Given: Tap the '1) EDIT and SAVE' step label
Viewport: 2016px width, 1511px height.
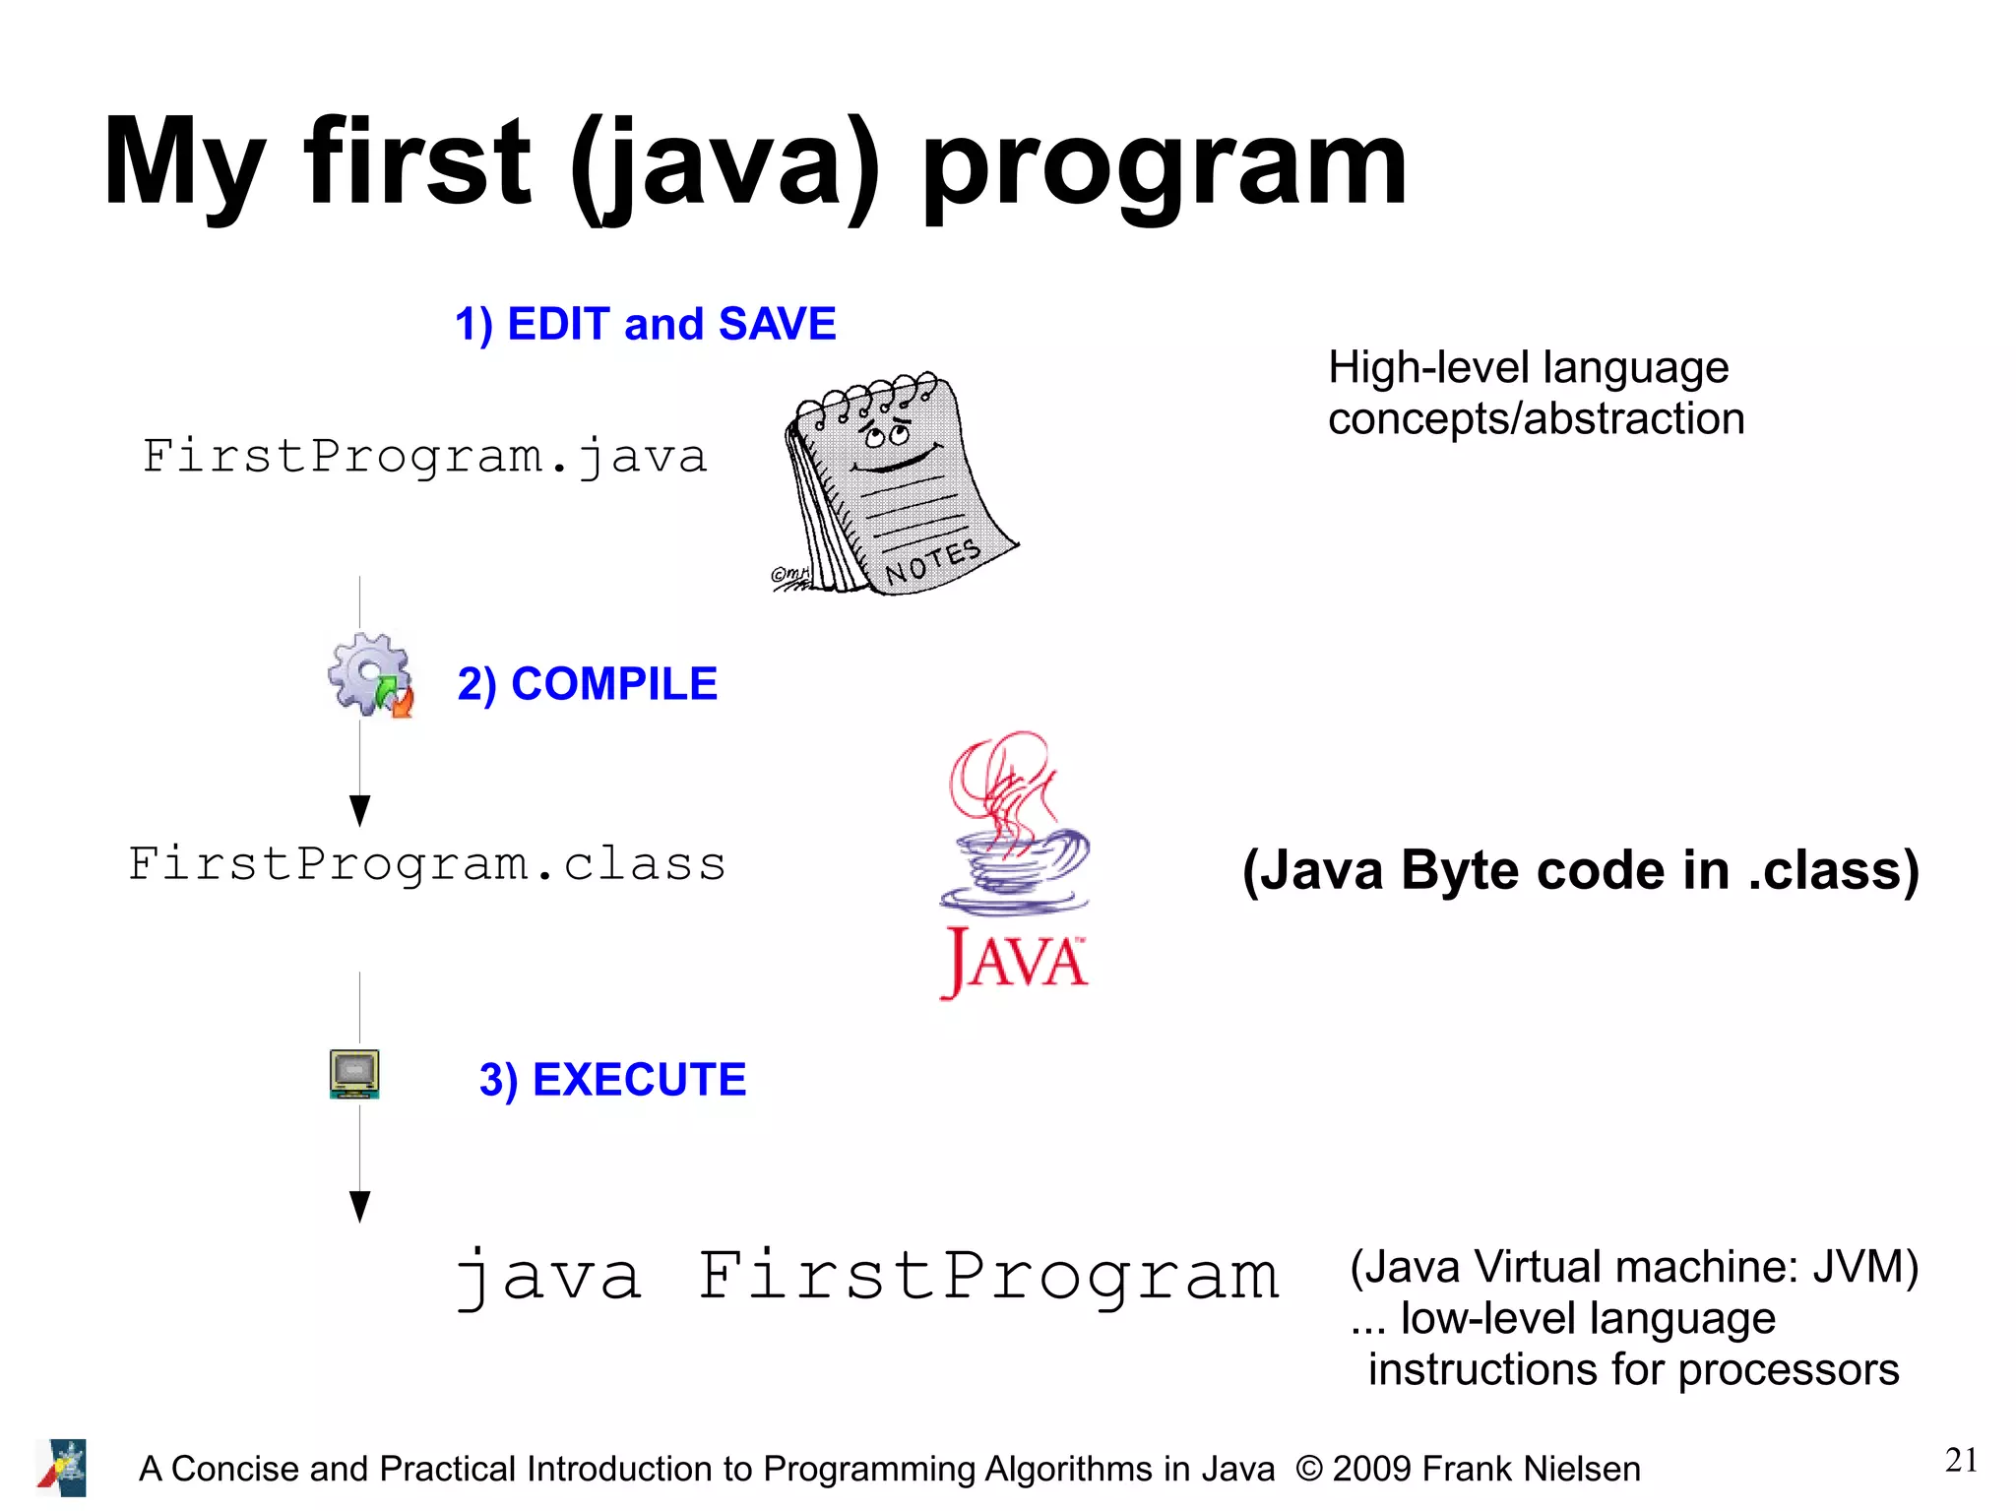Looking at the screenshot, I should click(x=645, y=324).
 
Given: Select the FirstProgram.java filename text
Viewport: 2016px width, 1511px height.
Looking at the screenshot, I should click(x=425, y=457).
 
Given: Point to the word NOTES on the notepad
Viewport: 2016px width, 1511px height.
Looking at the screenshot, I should click(x=932, y=563).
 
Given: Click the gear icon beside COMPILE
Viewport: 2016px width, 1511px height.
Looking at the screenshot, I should click(x=370, y=674).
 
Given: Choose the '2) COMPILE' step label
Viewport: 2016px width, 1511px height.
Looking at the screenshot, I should click(x=588, y=684).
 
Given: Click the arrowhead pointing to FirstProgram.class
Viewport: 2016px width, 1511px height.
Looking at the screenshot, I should click(x=360, y=810).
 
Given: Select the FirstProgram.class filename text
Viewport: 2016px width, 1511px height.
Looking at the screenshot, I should click(x=427, y=864).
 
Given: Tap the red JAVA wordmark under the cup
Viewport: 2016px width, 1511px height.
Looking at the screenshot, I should click(x=1015, y=960).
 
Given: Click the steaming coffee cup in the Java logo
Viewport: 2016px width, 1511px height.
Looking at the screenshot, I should click(x=1014, y=856).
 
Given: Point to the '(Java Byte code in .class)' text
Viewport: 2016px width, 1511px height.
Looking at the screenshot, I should click(x=1580, y=870).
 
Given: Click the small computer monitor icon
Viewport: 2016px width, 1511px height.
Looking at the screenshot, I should click(x=354, y=1073).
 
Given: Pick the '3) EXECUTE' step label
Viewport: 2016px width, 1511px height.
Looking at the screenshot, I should click(x=612, y=1080).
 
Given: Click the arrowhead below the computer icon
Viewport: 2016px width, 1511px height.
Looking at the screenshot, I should click(x=360, y=1206).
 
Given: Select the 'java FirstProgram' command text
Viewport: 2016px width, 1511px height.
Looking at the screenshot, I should click(x=866, y=1277).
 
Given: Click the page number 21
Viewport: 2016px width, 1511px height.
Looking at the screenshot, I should click(x=1961, y=1460).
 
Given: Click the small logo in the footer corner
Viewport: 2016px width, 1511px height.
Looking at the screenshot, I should click(x=63, y=1468).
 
